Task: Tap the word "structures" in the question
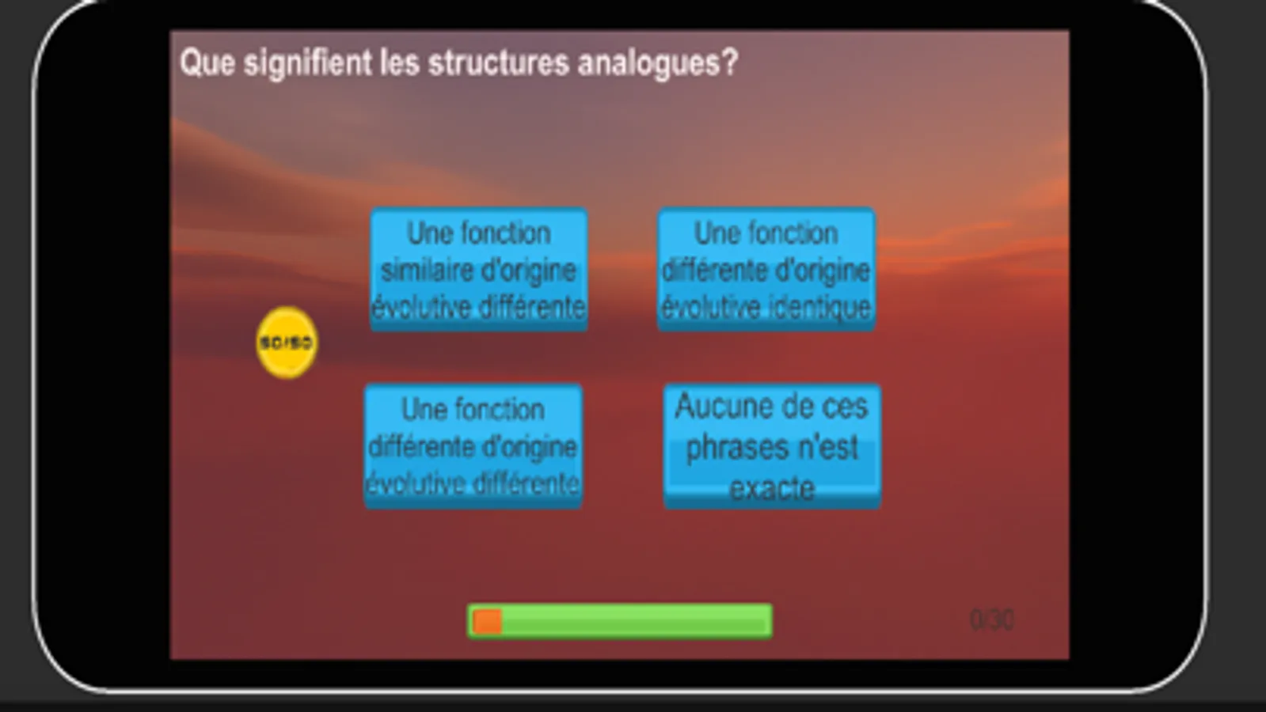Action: [499, 62]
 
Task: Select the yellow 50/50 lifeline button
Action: [287, 343]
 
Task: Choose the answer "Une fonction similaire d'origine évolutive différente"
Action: [479, 270]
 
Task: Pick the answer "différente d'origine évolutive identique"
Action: [766, 270]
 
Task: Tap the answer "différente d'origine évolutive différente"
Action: [473, 446]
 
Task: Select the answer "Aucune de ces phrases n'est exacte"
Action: [772, 446]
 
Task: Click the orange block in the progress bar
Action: [487, 622]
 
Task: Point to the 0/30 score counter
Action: [991, 619]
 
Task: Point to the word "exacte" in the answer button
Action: [772, 488]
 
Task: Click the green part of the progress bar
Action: [633, 622]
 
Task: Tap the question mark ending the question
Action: [730, 62]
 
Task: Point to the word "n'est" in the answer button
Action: [828, 448]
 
